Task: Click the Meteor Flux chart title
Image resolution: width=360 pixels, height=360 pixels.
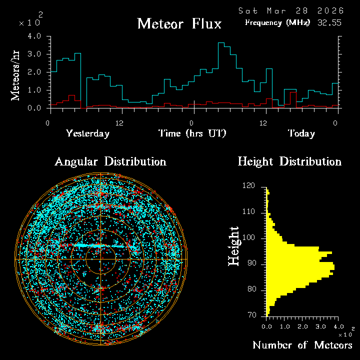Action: [179, 23]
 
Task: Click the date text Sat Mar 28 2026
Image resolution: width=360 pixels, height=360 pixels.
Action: [290, 10]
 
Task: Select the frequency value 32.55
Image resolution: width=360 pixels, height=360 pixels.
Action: [329, 22]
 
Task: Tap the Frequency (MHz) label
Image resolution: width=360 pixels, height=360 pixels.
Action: [277, 22]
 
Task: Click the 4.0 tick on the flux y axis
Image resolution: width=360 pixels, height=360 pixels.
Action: [34, 36]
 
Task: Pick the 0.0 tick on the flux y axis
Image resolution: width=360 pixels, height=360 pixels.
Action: [34, 108]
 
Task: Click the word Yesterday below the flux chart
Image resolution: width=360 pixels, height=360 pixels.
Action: [87, 133]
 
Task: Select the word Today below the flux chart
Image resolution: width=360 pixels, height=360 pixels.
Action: [301, 133]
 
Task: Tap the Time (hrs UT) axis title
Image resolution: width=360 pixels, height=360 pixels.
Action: [192, 133]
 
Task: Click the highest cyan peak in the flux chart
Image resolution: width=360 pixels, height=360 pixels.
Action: [220, 43]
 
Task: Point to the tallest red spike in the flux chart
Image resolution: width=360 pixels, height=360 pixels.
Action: [293, 92]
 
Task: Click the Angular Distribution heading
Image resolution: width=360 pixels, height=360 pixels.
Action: [110, 161]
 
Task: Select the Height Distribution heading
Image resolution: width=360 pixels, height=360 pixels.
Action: [289, 161]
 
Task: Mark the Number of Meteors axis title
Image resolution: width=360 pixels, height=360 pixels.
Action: [302, 345]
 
